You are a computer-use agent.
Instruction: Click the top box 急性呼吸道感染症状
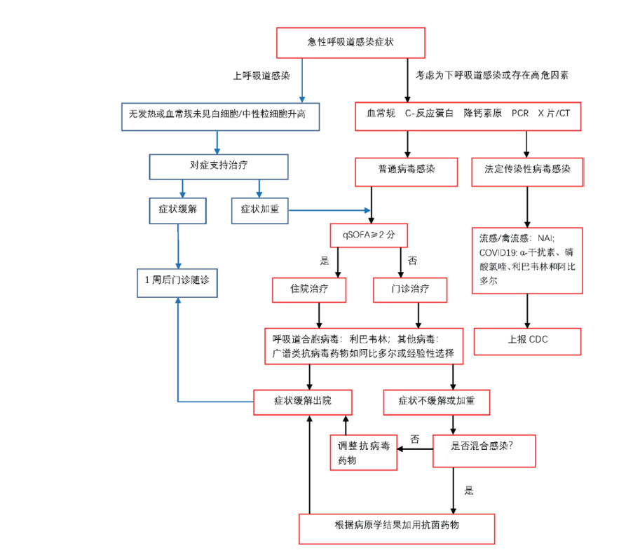coord(350,43)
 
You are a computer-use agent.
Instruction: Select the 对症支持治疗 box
coord(219,167)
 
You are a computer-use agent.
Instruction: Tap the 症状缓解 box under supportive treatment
coord(177,210)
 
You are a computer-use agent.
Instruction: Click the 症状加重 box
coord(259,210)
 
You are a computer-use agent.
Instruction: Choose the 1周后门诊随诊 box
coord(176,280)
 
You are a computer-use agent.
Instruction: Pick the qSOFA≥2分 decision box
coord(369,235)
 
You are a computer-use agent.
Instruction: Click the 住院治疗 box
coord(309,289)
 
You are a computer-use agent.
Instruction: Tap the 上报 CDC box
coord(528,341)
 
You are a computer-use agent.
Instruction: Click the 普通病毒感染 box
coord(406,169)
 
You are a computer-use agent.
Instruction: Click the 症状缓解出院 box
coord(302,402)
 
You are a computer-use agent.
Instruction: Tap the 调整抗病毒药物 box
coord(363,453)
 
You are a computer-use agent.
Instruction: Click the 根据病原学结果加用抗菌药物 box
coord(396,528)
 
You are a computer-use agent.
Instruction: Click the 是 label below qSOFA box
coord(325,260)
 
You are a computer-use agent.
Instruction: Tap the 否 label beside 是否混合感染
coord(414,439)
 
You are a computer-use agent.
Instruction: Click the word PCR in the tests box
coord(519,113)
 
